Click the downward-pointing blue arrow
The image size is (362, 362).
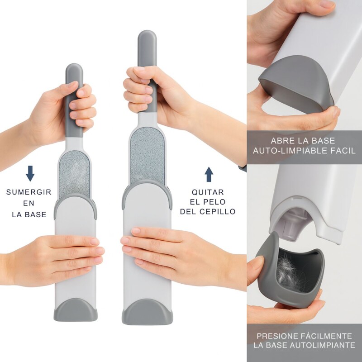point(30,174)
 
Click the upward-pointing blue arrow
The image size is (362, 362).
point(209,174)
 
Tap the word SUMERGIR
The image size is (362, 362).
point(29,192)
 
